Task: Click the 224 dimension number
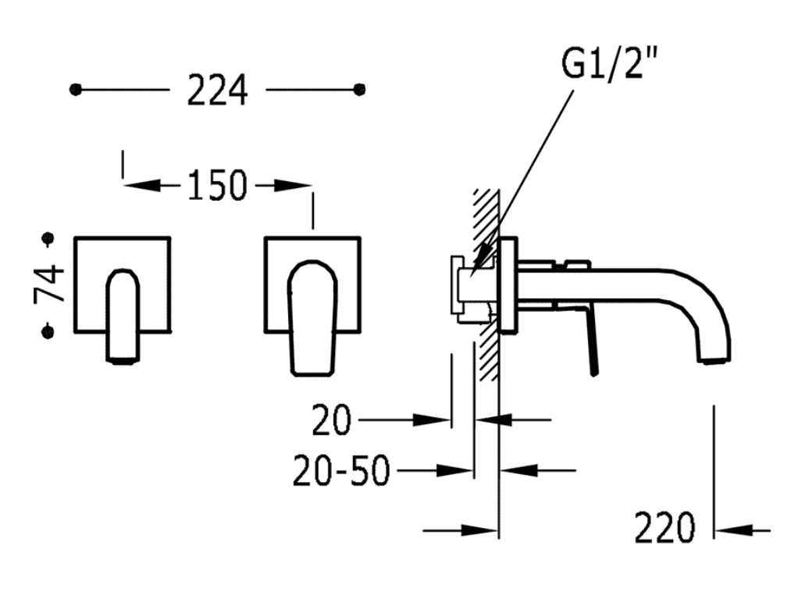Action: point(217,90)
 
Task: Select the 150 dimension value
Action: point(217,185)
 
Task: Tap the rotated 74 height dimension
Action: point(49,284)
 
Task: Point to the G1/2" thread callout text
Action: point(609,62)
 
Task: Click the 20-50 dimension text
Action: point(341,470)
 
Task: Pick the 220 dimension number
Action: point(664,527)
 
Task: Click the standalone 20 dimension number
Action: point(331,420)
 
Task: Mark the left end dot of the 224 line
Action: point(75,90)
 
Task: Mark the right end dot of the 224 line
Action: point(360,90)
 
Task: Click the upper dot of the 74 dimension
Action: point(49,238)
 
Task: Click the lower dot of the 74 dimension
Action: point(48,332)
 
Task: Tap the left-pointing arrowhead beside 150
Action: point(142,185)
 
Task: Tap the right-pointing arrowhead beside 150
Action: point(293,186)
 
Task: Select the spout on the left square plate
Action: point(123,316)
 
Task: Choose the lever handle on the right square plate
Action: point(312,318)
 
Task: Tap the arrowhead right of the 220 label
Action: point(734,530)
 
